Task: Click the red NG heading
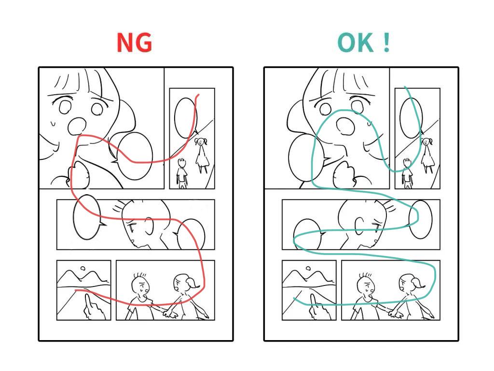pos(134,43)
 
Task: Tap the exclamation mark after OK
pos(387,43)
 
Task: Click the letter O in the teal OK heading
pos(347,43)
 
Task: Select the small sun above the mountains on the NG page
pos(83,269)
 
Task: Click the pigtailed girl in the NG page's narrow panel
pos(202,154)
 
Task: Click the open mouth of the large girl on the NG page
pos(77,126)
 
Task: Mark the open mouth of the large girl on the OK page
pos(345,126)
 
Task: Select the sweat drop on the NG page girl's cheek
pos(53,123)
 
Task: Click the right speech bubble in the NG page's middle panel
pos(190,234)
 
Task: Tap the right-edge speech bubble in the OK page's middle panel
pos(420,219)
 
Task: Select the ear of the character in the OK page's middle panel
pos(359,226)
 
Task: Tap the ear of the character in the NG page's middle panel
pos(149,226)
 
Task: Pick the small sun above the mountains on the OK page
pos(308,269)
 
